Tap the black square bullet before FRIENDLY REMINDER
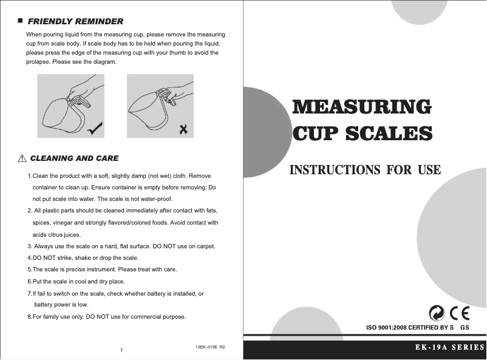click(x=21, y=21)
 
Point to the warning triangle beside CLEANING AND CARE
click(x=21, y=158)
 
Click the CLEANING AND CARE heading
click(x=74, y=158)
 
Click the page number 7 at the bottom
click(x=122, y=351)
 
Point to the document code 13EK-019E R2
click(x=210, y=347)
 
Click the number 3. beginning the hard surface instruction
click(x=30, y=246)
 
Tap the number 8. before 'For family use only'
click(x=30, y=317)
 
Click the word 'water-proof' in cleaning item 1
click(x=157, y=199)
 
